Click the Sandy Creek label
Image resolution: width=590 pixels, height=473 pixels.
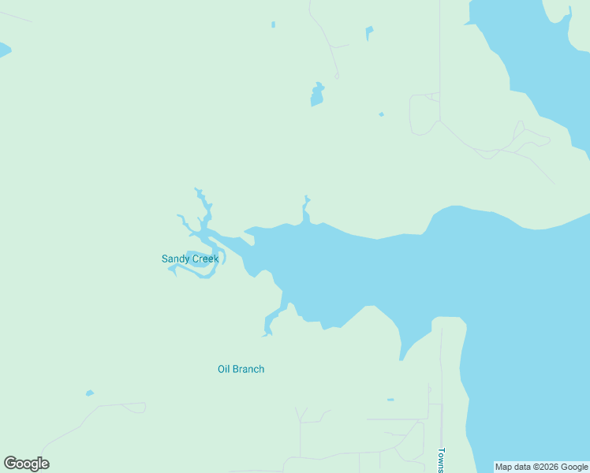(190, 259)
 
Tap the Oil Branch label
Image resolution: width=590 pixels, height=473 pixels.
(241, 369)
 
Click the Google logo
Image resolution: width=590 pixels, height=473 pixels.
(26, 464)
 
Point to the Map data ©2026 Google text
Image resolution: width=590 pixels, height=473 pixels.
(541, 467)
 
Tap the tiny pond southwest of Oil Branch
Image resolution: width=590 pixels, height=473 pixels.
(90, 393)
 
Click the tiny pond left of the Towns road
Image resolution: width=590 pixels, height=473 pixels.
(390, 400)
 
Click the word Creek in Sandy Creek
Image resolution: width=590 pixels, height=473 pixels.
(204, 259)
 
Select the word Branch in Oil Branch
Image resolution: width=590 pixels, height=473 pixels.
(249, 369)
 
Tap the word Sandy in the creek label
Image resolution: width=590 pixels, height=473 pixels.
(175, 259)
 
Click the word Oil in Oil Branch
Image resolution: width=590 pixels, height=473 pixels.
(224, 369)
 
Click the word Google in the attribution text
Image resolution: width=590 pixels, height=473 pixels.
(572, 467)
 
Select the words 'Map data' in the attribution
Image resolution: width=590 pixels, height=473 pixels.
(512, 467)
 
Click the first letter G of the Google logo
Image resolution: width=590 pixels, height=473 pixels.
(10, 464)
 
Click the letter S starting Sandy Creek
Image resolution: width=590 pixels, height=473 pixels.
(165, 259)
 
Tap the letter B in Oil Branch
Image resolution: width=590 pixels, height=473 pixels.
(237, 369)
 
